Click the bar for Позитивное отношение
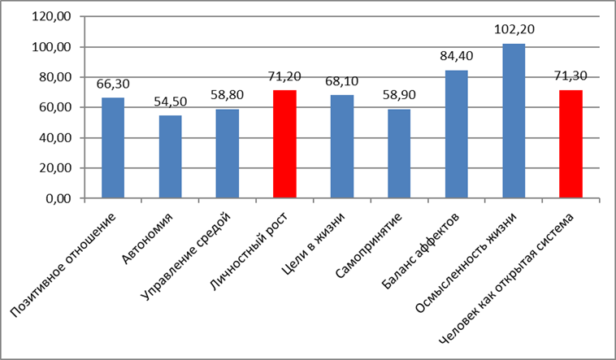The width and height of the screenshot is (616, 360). pyautogui.click(x=113, y=148)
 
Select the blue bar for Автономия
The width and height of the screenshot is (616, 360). pyautogui.click(x=171, y=157)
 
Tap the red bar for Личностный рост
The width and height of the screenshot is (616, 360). pyautogui.click(x=284, y=144)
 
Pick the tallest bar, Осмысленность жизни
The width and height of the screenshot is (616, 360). pyautogui.click(x=514, y=121)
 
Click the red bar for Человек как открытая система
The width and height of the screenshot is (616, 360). pyautogui.click(x=570, y=144)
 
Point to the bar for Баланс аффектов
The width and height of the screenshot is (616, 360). pyautogui.click(x=457, y=134)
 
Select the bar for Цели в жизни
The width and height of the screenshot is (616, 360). pyautogui.click(x=342, y=146)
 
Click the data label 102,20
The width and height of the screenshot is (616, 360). pyautogui.click(x=514, y=29)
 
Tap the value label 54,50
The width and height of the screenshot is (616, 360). pyautogui.click(x=171, y=102)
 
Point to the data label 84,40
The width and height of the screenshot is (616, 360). pyautogui.click(x=457, y=56)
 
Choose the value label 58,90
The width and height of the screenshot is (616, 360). pyautogui.click(x=399, y=95)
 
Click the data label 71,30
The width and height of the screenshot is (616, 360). pyautogui.click(x=570, y=76)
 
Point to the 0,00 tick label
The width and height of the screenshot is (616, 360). pyautogui.click(x=59, y=198)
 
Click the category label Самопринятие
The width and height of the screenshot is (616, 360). pyautogui.click(x=369, y=245)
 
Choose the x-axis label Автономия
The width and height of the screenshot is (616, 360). pyautogui.click(x=147, y=239)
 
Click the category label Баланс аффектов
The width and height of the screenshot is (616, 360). pyautogui.click(x=420, y=251)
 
